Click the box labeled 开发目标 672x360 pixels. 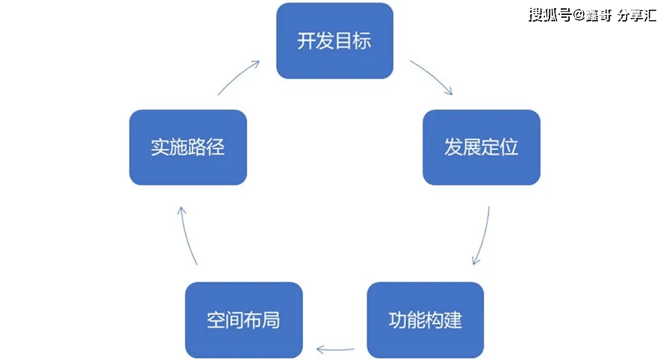(x=335, y=40)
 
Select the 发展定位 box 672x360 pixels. (x=481, y=147)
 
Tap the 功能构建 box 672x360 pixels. (x=426, y=320)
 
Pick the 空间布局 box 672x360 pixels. (x=243, y=320)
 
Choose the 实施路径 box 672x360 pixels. (x=187, y=147)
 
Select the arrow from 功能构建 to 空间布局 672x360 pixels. (x=335, y=348)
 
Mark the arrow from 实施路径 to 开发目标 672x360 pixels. (x=238, y=76)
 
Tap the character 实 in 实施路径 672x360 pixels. (x=160, y=147)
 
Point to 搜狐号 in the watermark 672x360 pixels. (x=550, y=15)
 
